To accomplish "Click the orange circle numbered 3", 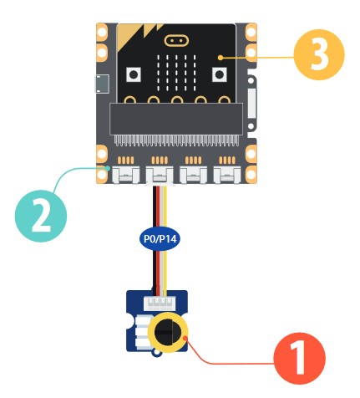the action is pyautogui.click(x=319, y=54).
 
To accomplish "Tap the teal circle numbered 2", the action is pyautogui.click(x=41, y=216).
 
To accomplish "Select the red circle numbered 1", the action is pyautogui.click(x=299, y=358).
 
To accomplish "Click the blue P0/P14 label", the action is pyautogui.click(x=160, y=239).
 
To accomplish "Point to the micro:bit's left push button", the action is pyautogui.click(x=134, y=74).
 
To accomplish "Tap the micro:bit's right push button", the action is pyautogui.click(x=220, y=74).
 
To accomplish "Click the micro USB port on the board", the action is pyautogui.click(x=102, y=84).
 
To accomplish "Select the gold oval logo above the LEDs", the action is pyautogui.click(x=176, y=41).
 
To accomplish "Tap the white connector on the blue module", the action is pyautogui.click(x=160, y=304).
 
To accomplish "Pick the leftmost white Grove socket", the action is pyautogui.click(x=125, y=176).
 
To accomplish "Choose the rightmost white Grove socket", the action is pyautogui.click(x=227, y=176).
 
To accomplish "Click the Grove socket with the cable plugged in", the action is pyautogui.click(x=160, y=176).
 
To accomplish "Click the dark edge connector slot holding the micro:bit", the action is pyautogui.click(x=176, y=119).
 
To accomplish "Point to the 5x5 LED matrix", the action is pyautogui.click(x=176, y=73).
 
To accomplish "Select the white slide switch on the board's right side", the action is pyautogui.click(x=251, y=103).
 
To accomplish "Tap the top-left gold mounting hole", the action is pyautogui.click(x=102, y=33).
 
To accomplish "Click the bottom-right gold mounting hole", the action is pyautogui.click(x=251, y=174).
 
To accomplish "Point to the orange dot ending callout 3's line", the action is pyautogui.click(x=221, y=58).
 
